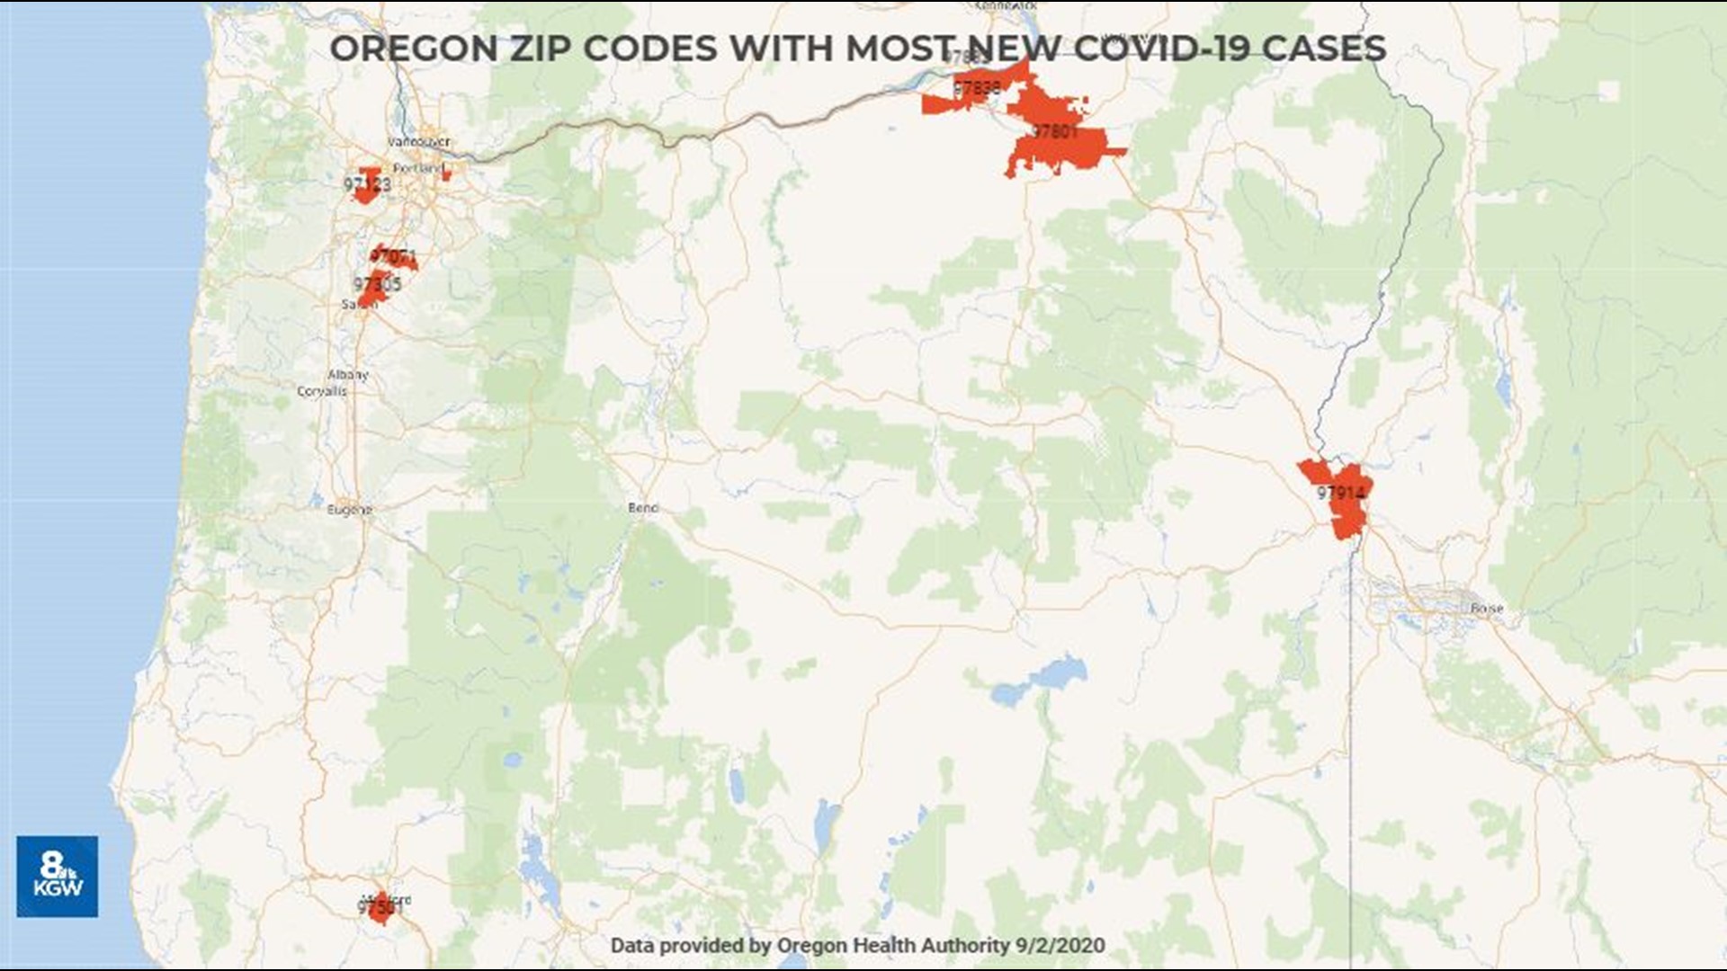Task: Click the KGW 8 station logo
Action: [x=57, y=876]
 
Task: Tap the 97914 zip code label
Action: [x=1340, y=493]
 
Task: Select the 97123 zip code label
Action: [x=367, y=184]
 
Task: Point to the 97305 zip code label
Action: [x=377, y=285]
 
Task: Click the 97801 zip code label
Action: [x=1054, y=131]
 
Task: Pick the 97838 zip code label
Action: [x=977, y=88]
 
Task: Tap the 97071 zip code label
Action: [x=393, y=256]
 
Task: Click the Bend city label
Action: [x=643, y=508]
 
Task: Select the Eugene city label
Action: [x=349, y=510]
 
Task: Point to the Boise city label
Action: [x=1487, y=609]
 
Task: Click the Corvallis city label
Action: [x=321, y=391]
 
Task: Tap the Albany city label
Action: [x=348, y=374]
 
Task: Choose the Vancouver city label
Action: [x=418, y=141]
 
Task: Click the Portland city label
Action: [x=417, y=168]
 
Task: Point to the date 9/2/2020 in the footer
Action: [x=1060, y=945]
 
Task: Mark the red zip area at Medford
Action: [x=381, y=908]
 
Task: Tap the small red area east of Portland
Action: [x=446, y=174]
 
